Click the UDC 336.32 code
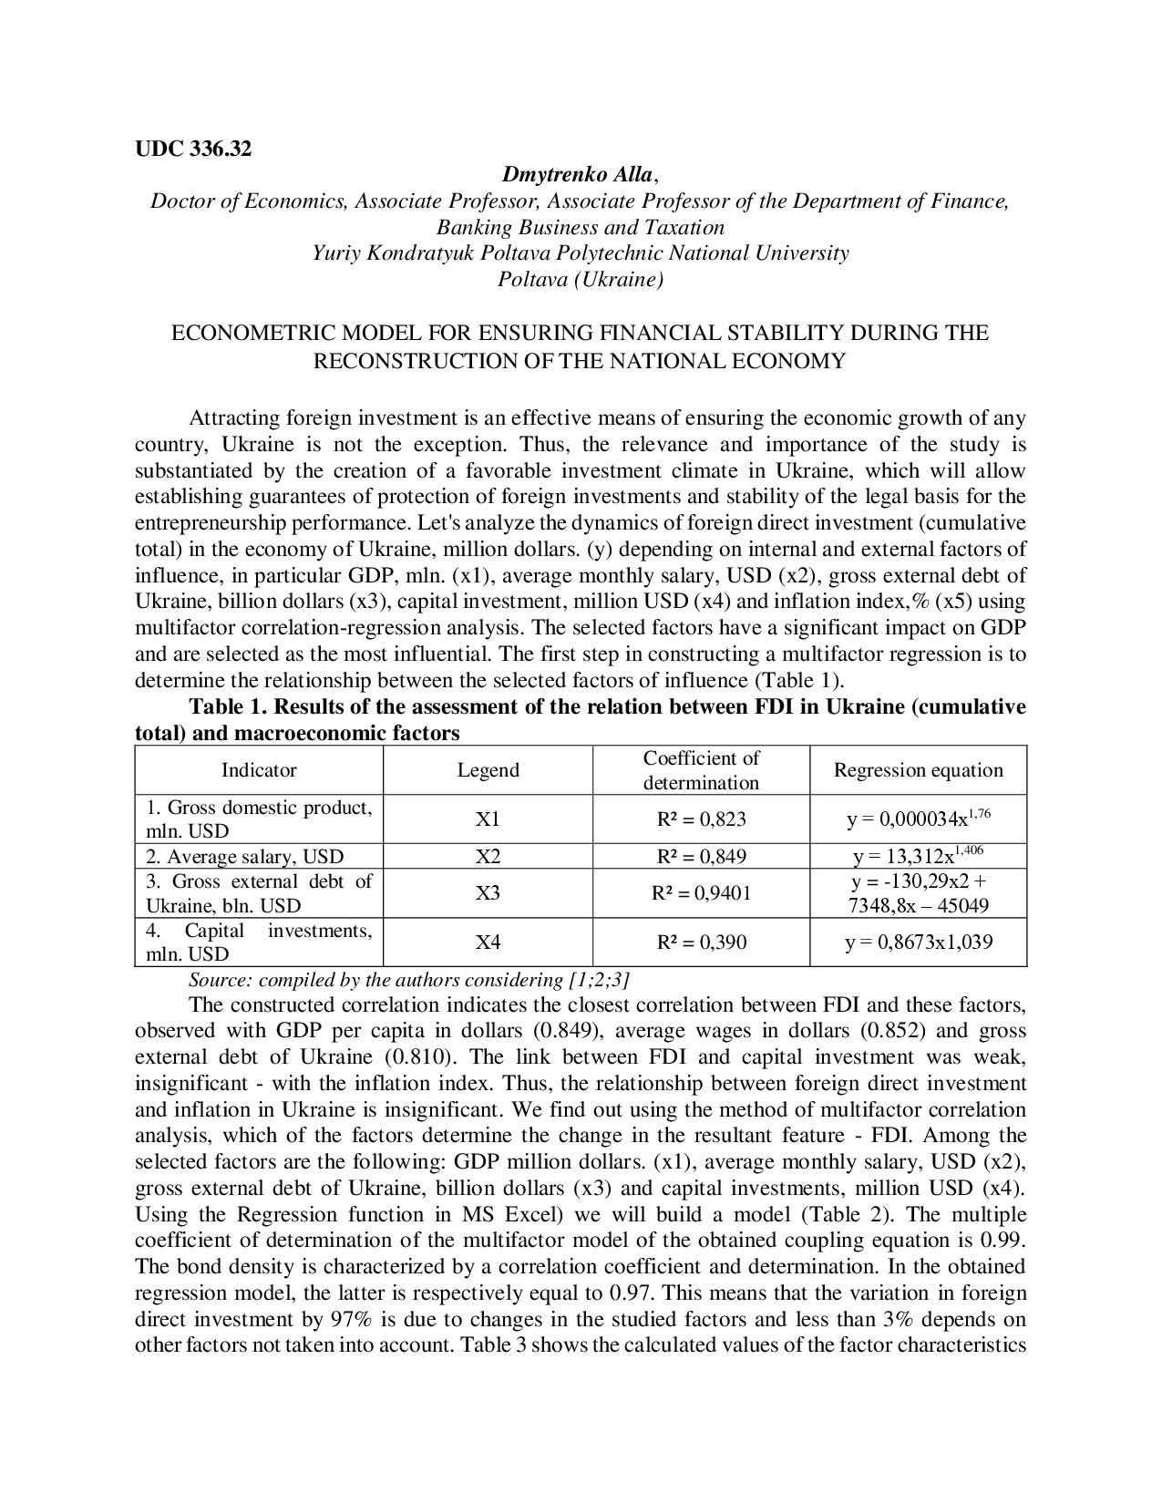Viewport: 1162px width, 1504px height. point(193,149)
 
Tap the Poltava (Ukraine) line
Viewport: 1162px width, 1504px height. point(581,279)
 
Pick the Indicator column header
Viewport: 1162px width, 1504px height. point(259,770)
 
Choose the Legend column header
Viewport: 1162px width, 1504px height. point(488,770)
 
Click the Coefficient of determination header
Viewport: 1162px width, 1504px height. point(701,770)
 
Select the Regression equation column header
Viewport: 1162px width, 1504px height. point(918,770)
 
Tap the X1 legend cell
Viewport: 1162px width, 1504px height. point(488,819)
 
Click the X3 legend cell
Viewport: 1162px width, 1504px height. point(488,893)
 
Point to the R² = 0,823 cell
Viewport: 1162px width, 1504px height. point(701,819)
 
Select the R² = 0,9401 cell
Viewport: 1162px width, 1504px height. point(701,893)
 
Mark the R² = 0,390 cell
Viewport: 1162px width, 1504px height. point(701,942)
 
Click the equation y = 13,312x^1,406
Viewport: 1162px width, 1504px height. point(918,856)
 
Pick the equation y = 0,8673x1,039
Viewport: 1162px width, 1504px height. point(918,942)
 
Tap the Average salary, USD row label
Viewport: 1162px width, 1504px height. point(245,856)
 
